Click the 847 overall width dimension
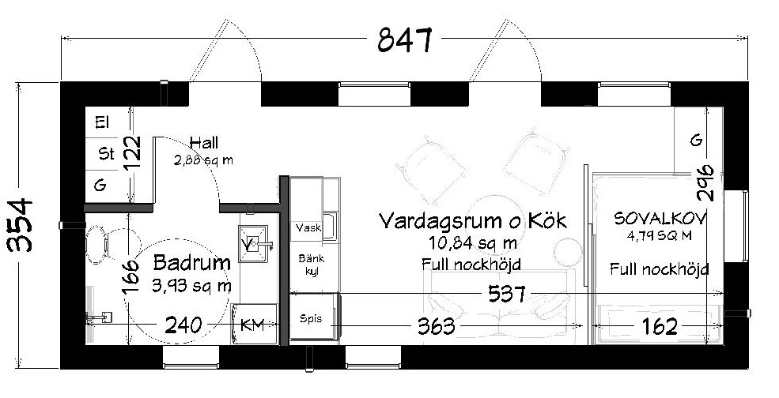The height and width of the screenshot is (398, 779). click(405, 39)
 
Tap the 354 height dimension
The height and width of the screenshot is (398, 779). click(21, 225)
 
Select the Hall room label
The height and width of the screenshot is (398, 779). click(204, 144)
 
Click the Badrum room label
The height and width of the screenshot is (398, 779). click(192, 263)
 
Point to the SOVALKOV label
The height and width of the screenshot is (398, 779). click(660, 219)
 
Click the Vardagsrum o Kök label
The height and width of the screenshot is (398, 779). click(472, 221)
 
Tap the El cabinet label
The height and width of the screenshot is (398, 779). click(102, 122)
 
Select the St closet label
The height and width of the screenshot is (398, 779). click(106, 154)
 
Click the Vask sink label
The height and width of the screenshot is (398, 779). click(308, 228)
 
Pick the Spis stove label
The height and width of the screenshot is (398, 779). click(311, 318)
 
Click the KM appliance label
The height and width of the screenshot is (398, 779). click(251, 325)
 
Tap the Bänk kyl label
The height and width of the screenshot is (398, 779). click(312, 265)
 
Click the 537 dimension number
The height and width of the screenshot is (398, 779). click(507, 294)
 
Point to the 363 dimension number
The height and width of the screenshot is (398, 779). click(437, 326)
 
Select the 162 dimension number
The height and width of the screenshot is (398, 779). click(660, 327)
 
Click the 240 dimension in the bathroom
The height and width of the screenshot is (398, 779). click(183, 325)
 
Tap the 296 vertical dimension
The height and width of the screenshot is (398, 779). click(705, 182)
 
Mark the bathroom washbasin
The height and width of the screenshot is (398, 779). click(252, 243)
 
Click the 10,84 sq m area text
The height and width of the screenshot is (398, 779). click(472, 243)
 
